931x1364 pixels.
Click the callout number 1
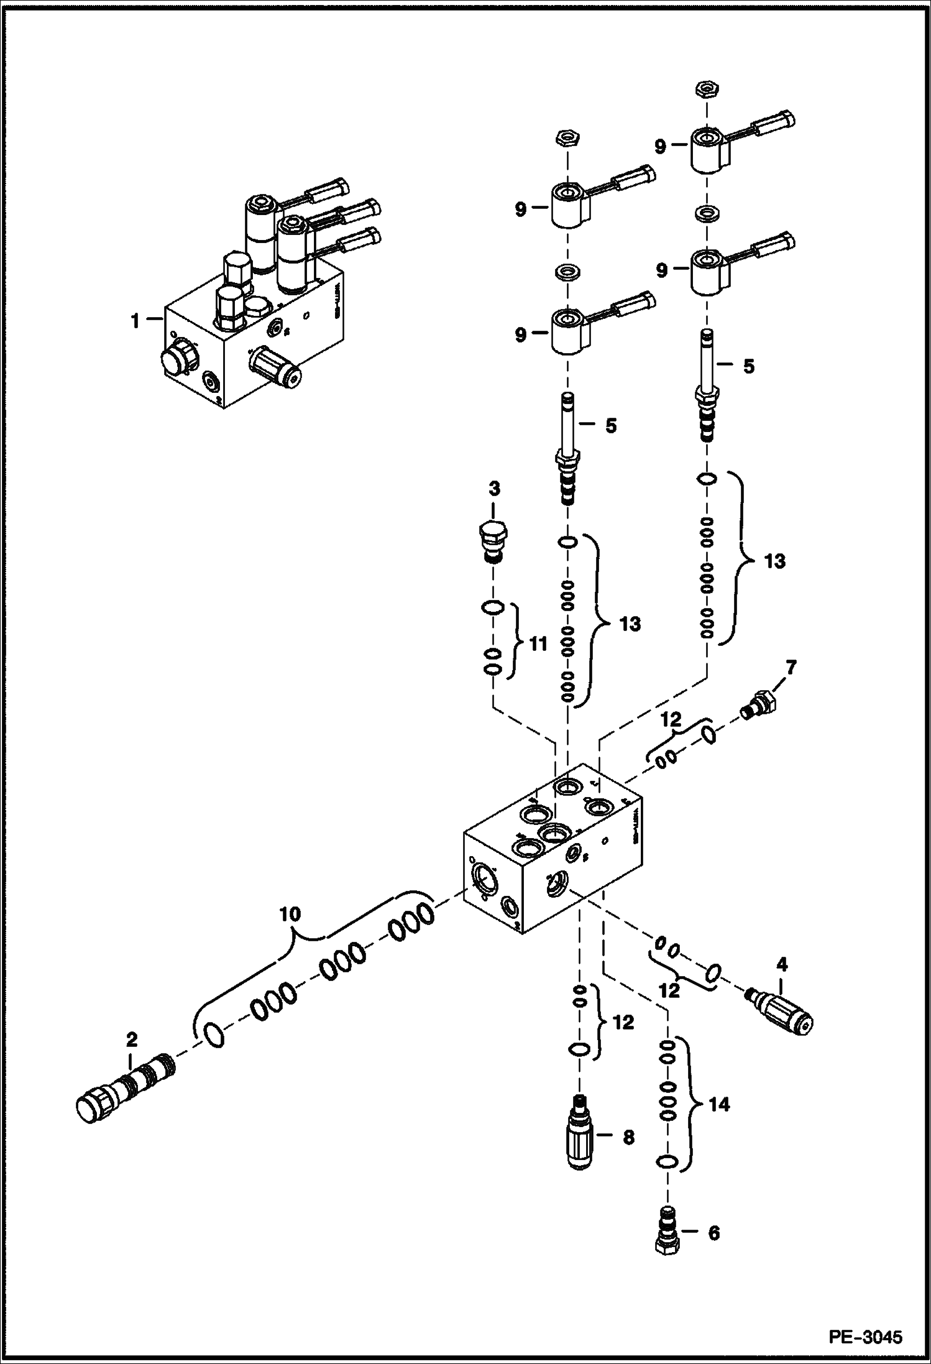coord(134,321)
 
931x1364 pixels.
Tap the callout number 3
coord(493,489)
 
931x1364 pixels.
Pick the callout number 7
coord(791,668)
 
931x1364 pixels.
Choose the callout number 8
coord(628,1137)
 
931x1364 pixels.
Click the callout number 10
coord(290,914)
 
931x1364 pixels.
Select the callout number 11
coord(538,644)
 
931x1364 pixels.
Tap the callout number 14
coord(718,1104)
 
